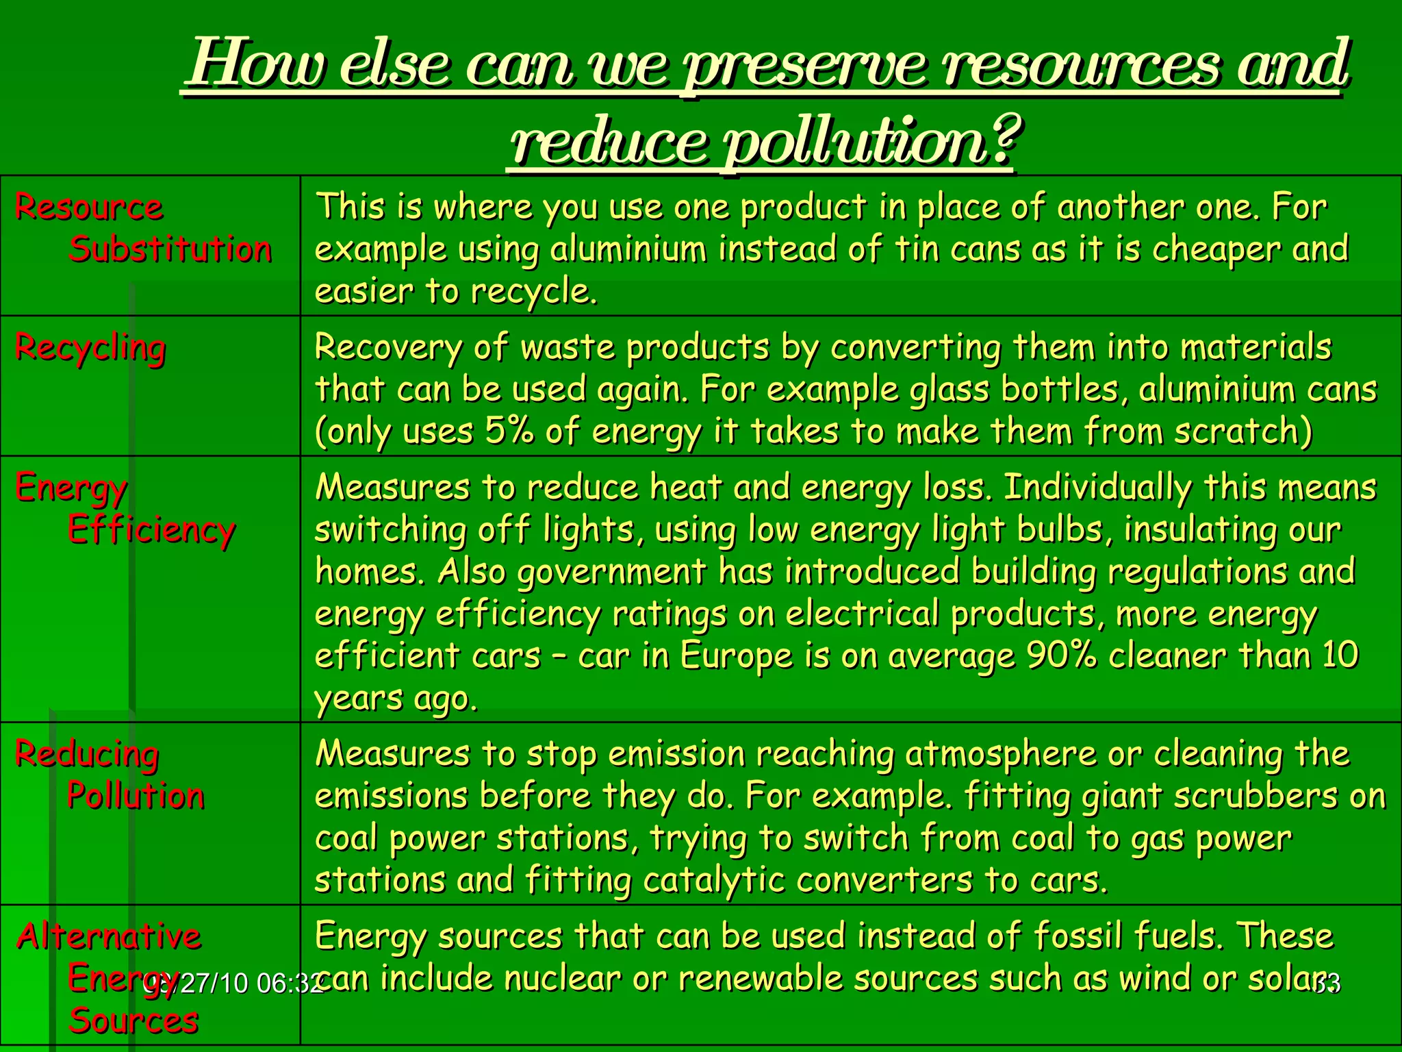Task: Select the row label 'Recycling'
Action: pos(90,348)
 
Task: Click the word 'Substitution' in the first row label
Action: pos(170,249)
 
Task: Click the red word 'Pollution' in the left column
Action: pos(136,796)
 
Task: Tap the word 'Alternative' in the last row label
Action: pos(109,936)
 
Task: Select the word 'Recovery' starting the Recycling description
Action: pos(388,348)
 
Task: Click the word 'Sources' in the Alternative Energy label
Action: pos(133,1021)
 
